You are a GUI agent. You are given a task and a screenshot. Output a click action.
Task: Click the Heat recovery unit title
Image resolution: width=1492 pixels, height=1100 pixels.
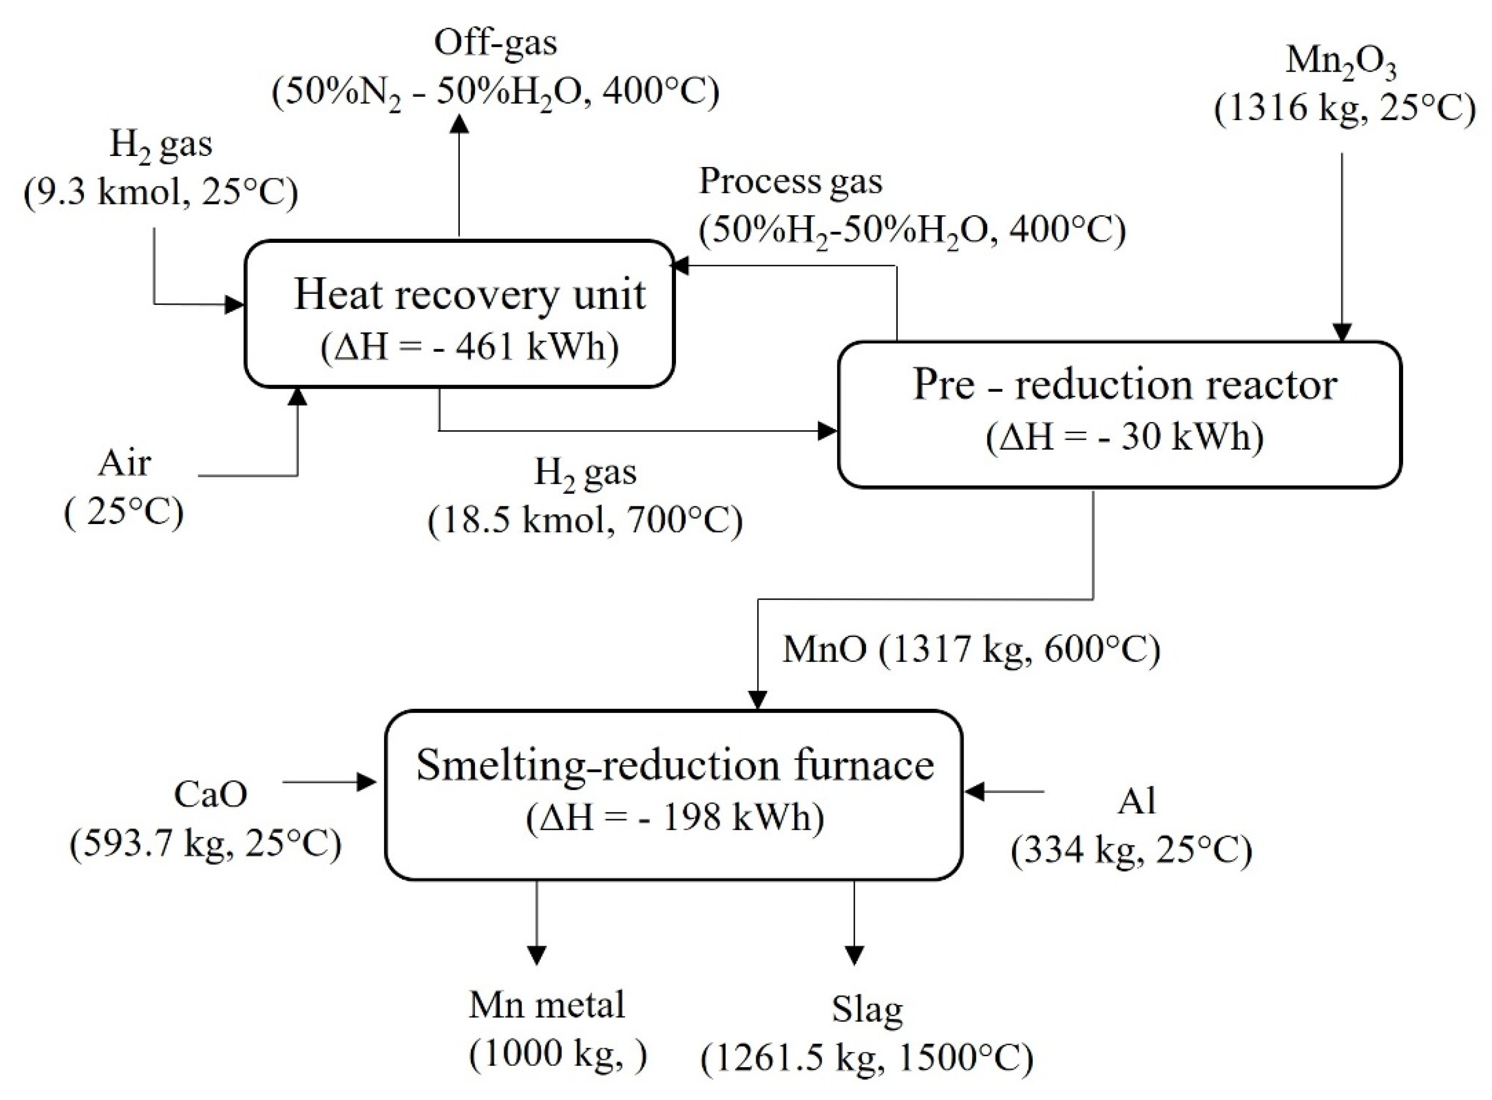469,295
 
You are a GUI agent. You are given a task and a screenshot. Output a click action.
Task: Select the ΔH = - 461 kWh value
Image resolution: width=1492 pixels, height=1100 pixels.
469,347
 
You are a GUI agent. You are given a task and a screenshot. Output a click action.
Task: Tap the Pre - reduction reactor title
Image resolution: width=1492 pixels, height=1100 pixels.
1124,385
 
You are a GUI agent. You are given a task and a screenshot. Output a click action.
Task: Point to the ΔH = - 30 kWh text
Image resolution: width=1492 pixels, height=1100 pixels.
1124,437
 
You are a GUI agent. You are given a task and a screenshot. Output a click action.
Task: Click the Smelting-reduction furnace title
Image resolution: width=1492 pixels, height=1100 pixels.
675,766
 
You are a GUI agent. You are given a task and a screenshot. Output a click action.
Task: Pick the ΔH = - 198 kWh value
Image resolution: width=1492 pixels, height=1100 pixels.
675,817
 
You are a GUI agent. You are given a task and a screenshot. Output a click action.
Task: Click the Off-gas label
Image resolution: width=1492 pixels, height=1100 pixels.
495,43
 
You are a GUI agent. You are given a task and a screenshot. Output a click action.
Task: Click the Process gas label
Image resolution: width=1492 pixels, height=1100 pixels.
790,181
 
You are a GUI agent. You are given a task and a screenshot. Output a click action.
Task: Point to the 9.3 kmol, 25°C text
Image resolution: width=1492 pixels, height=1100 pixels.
161,192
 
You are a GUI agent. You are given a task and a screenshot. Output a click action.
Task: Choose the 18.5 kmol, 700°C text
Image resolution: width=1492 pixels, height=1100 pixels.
585,520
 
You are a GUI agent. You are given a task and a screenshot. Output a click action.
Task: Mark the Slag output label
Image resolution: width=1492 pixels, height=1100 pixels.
867,1010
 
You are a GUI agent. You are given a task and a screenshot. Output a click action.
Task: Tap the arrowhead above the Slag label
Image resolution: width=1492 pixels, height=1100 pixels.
854,955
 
